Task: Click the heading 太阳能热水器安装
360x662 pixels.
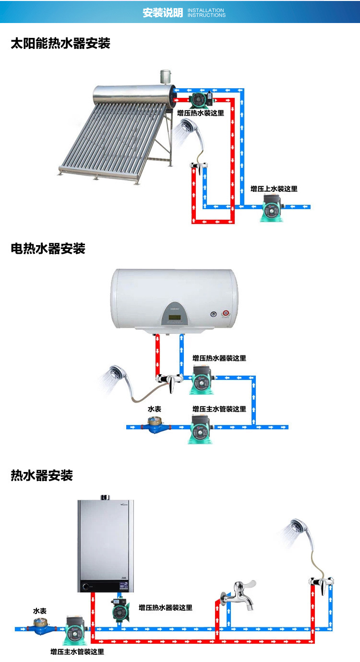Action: (x=60, y=44)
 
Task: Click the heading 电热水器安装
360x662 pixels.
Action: (x=48, y=248)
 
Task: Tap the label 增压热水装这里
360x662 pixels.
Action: (x=200, y=113)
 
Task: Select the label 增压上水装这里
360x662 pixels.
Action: (x=274, y=189)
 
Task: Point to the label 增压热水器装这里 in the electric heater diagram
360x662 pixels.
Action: (x=219, y=358)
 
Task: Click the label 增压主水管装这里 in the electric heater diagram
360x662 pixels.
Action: (x=219, y=409)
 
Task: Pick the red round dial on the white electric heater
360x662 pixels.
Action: (x=226, y=314)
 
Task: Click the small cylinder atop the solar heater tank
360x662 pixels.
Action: (x=166, y=77)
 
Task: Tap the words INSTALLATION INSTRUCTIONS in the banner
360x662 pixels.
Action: (x=206, y=12)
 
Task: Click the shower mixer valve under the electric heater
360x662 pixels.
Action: (x=169, y=380)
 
